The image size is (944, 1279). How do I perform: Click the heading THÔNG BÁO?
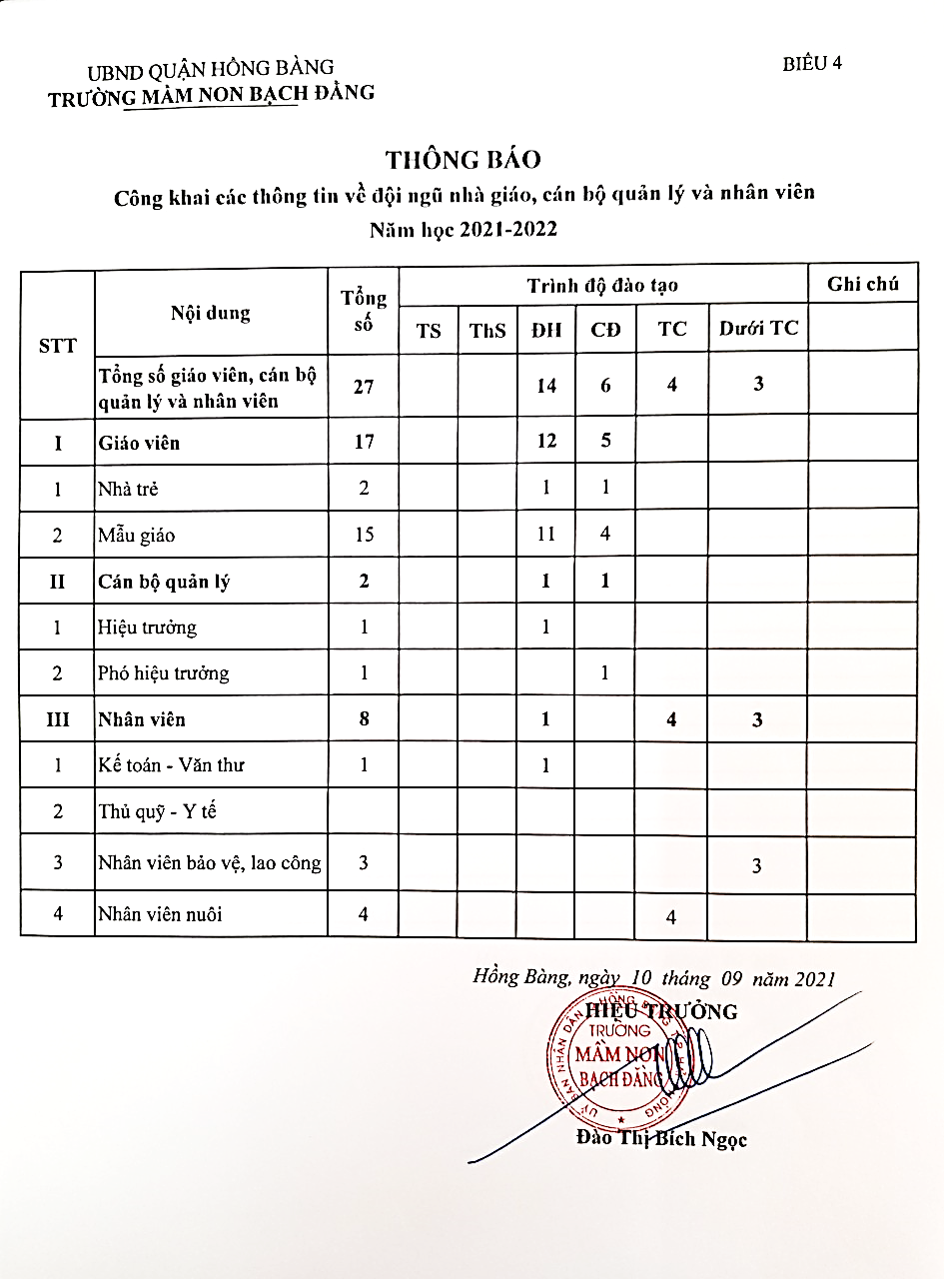[x=464, y=160]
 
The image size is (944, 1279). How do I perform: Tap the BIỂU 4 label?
[x=812, y=63]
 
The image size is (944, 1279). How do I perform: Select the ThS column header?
[x=487, y=330]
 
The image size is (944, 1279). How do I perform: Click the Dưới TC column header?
[x=758, y=328]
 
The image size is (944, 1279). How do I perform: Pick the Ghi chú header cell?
[x=862, y=285]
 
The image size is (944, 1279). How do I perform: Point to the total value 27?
[x=364, y=385]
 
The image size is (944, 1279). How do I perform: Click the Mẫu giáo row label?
[x=136, y=536]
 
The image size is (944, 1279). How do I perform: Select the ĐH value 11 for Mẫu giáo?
[x=545, y=534]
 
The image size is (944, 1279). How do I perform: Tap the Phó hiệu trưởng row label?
[x=163, y=673]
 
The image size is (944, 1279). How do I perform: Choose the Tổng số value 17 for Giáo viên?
[x=364, y=441]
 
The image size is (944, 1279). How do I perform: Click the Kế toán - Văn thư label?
[x=171, y=765]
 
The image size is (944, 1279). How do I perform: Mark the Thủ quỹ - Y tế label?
[x=157, y=811]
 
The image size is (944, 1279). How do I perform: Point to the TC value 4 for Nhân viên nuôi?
[x=670, y=916]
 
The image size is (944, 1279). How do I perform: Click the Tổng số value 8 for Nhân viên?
[x=364, y=719]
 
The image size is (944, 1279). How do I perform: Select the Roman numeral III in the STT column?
[x=57, y=719]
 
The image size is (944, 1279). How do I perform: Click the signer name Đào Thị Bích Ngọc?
[x=661, y=1139]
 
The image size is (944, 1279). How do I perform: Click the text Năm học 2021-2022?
[x=464, y=229]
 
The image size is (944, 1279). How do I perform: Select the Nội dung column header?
[x=211, y=313]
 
